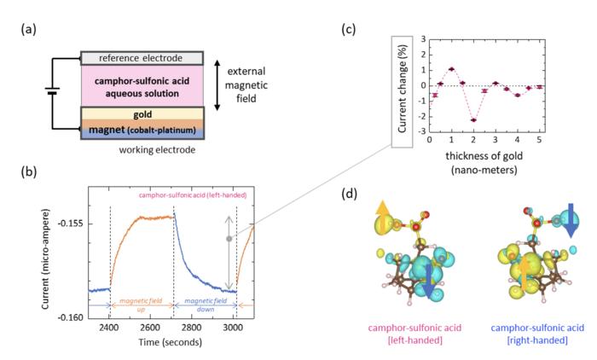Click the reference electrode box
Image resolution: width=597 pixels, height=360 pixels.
pyautogui.click(x=142, y=58)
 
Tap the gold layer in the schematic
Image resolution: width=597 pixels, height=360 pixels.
pyautogui.click(x=142, y=113)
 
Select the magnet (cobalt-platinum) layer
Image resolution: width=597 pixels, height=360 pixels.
pyautogui.click(x=142, y=131)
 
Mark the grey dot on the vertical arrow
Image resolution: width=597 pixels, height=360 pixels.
pyautogui.click(x=229, y=239)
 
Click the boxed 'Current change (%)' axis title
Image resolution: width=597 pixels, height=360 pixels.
pyautogui.click(x=401, y=85)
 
